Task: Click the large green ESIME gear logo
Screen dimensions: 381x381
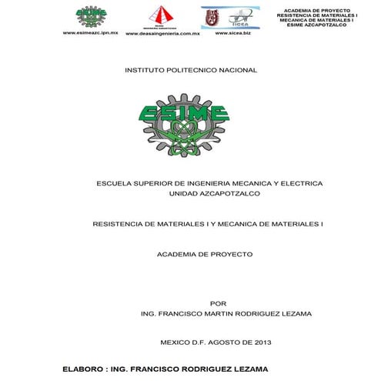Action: coord(185,124)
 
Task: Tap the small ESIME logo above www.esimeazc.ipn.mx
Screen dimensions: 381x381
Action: coord(92,16)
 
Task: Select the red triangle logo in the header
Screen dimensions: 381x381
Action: coord(162,16)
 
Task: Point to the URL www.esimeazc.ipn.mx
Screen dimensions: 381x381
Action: coord(90,34)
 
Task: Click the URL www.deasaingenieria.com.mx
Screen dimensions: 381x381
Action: coord(162,35)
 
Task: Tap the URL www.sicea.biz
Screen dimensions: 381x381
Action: coord(233,34)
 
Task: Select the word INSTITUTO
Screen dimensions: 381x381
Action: coord(143,70)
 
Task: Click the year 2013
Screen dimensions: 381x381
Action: coord(262,342)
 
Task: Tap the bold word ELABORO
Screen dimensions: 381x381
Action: coord(83,369)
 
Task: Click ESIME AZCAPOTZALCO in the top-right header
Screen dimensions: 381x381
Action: coord(316,25)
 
